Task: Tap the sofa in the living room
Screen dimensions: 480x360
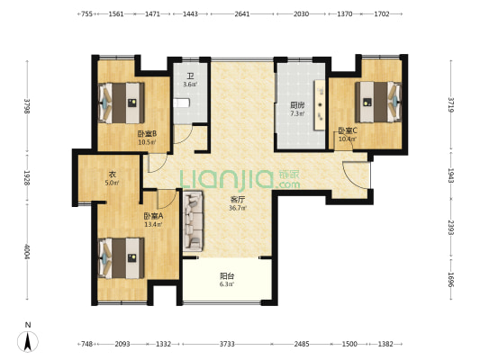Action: tap(193, 221)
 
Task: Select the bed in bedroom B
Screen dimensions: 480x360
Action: tap(122, 103)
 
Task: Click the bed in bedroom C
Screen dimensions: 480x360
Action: tap(378, 102)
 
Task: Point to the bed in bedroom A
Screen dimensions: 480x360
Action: tap(122, 258)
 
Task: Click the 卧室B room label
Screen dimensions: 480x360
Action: tap(148, 134)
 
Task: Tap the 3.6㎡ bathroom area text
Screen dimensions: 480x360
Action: tap(190, 84)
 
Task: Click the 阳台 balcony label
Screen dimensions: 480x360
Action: tap(227, 276)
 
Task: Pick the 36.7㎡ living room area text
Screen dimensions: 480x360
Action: tap(238, 208)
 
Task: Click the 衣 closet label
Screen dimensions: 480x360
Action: tap(113, 175)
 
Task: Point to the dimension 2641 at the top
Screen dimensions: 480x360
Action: tap(242, 13)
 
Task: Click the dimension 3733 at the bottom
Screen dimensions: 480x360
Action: tap(227, 344)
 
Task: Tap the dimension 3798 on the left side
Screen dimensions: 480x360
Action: tap(27, 106)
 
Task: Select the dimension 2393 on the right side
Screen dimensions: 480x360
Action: tap(450, 228)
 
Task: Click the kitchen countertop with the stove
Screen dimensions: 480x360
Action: tap(320, 105)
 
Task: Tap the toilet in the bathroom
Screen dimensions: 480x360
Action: tap(181, 103)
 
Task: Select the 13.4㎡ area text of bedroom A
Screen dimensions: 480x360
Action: tap(153, 224)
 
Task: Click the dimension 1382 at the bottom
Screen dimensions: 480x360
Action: tap(385, 344)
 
